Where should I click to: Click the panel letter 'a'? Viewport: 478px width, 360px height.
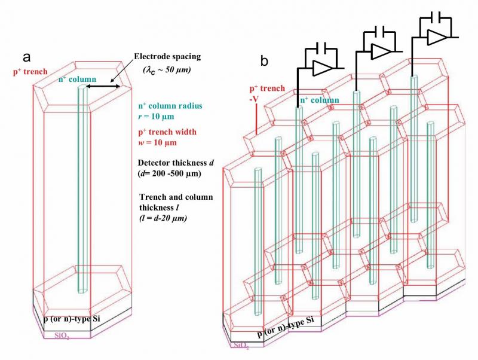click(26, 57)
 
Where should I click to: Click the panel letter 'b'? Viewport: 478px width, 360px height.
click(264, 60)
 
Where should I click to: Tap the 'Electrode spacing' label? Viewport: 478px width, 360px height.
click(167, 57)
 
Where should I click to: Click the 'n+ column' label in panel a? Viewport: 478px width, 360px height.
click(77, 78)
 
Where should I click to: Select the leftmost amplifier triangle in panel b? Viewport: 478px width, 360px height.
click(322, 68)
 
